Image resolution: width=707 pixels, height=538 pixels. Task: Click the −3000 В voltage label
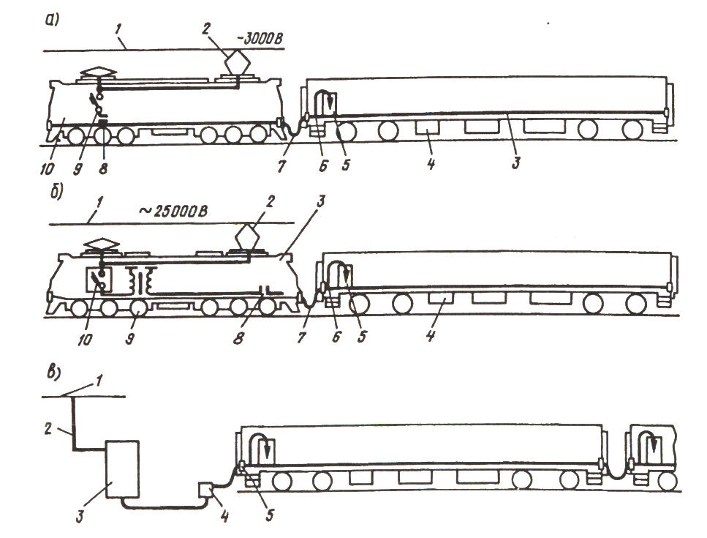point(260,38)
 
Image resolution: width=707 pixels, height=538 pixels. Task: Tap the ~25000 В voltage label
point(173,211)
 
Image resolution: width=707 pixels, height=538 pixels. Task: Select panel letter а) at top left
point(53,20)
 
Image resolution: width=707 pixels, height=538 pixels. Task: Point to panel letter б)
point(57,191)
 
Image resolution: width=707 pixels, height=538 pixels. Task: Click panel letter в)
point(54,373)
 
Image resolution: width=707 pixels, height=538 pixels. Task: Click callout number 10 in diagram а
point(46,169)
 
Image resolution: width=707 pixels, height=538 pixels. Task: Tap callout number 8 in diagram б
point(238,338)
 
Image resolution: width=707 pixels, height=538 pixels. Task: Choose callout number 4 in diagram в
point(224,516)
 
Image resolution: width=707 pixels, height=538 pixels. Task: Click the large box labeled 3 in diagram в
point(122,469)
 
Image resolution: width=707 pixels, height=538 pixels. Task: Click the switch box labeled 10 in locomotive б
point(99,281)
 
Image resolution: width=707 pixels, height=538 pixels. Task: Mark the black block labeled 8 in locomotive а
point(103,122)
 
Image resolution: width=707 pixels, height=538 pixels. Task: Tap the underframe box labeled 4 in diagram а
point(426,127)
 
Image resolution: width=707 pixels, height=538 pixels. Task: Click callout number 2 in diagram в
point(48,428)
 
